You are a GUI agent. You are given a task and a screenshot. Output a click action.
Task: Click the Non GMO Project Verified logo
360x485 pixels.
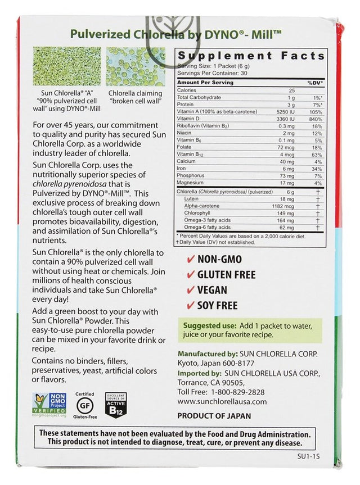(x=49, y=405)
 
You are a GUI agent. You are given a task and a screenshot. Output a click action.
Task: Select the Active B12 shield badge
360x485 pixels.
(x=116, y=405)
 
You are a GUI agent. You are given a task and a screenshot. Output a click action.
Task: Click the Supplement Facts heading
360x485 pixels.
(x=251, y=56)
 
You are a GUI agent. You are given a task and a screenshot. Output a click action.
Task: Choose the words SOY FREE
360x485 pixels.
(x=217, y=306)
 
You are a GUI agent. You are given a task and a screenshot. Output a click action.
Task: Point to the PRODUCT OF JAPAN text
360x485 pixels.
(x=214, y=416)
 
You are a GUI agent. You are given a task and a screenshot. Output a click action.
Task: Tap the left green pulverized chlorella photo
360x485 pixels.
(x=67, y=66)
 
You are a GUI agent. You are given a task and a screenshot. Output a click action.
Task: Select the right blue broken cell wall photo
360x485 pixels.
(x=136, y=66)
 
